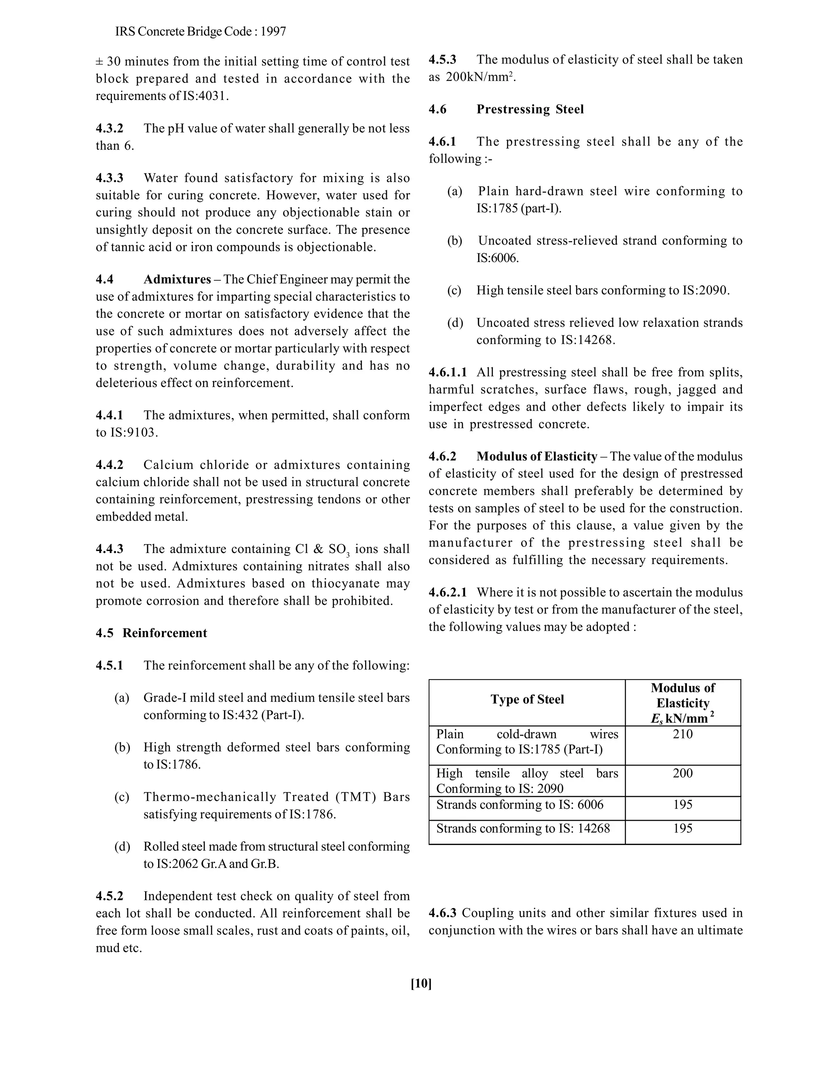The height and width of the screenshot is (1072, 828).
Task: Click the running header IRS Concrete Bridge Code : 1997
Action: click(201, 32)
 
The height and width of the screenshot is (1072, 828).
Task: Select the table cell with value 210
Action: click(682, 734)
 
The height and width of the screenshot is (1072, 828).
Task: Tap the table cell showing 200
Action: click(682, 773)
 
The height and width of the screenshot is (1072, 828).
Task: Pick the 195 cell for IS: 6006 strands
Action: click(682, 805)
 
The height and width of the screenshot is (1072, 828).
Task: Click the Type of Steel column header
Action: click(527, 699)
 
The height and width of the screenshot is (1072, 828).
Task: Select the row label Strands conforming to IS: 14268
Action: click(523, 828)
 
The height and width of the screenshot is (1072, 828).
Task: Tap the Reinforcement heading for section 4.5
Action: click(165, 633)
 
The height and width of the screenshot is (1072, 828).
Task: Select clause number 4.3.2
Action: click(110, 129)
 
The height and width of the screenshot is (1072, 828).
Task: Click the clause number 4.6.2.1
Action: click(448, 593)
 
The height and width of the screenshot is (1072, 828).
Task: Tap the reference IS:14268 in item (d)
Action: click(587, 340)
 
